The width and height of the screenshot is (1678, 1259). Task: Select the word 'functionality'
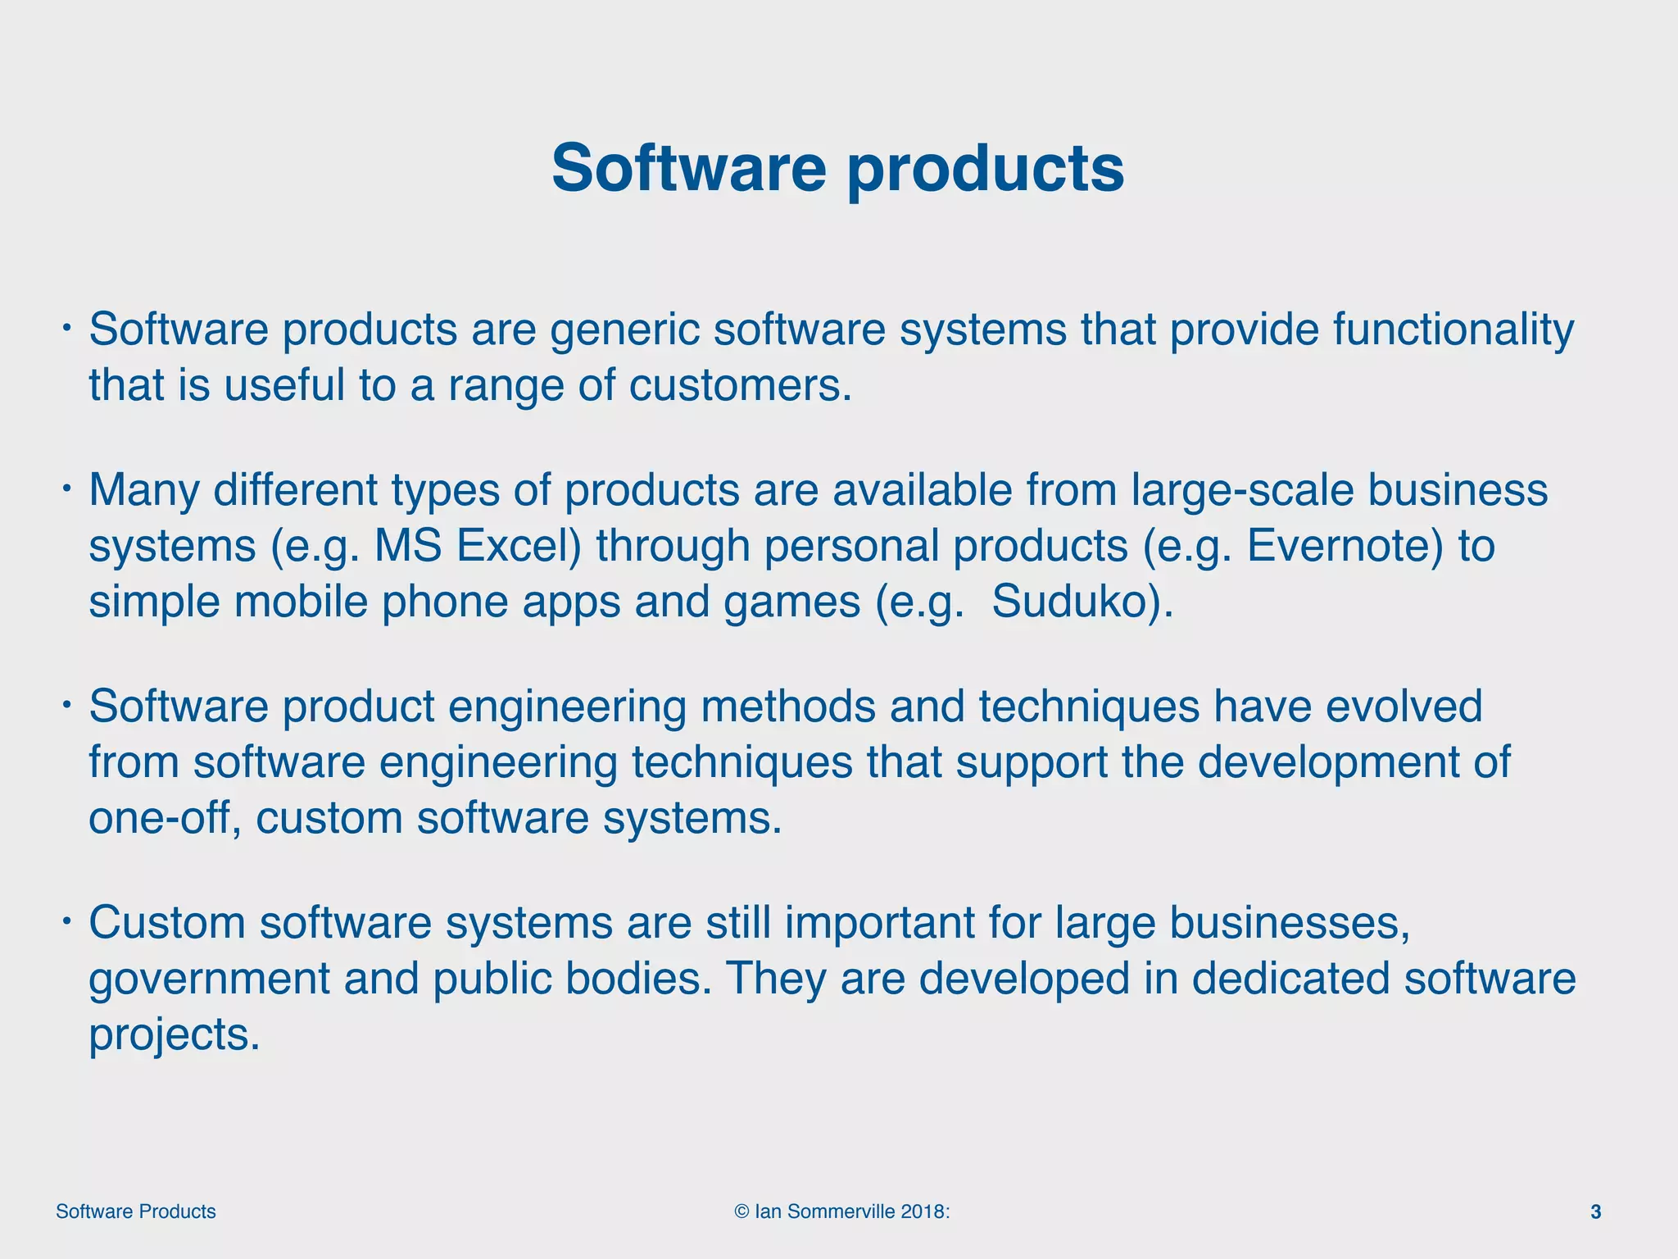pos(1453,330)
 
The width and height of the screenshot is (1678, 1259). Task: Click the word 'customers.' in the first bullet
pos(741,385)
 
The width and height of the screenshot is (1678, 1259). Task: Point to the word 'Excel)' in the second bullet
pos(519,546)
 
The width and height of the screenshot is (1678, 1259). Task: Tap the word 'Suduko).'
pos(1082,602)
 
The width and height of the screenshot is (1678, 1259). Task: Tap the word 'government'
pos(209,979)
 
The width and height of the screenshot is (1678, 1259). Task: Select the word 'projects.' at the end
pos(174,1034)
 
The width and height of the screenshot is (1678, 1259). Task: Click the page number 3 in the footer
pos(1595,1211)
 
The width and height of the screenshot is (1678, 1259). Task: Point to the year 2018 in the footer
pos(923,1211)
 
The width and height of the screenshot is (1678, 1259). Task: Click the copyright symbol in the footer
pos(741,1211)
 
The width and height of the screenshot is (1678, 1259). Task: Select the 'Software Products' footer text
pos(136,1211)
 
